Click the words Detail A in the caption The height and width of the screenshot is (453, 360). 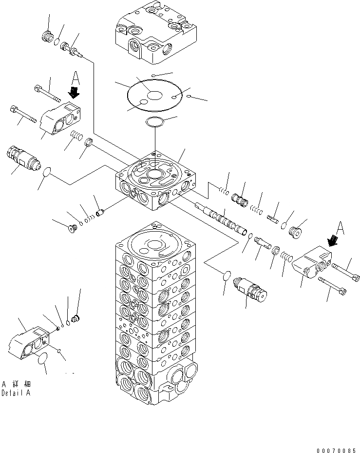pyautogui.click(x=16, y=393)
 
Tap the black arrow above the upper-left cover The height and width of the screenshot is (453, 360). pyautogui.click(x=73, y=92)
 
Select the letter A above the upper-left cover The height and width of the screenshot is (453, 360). pyautogui.click(x=75, y=77)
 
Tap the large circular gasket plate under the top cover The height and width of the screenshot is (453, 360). pyautogui.click(x=154, y=96)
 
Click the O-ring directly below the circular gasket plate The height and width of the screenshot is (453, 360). pyautogui.click(x=155, y=122)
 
